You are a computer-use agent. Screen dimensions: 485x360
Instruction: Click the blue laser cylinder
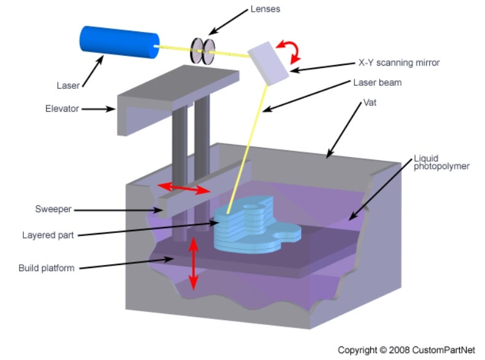[x=120, y=42]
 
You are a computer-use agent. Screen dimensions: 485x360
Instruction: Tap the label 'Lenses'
[x=265, y=9]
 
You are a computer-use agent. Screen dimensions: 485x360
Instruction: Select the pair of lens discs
[x=202, y=51]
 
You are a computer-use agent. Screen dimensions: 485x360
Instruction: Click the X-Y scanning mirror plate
[x=268, y=63]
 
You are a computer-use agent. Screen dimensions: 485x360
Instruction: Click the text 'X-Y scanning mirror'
[x=399, y=63]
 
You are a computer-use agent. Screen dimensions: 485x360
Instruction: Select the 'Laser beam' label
[x=377, y=83]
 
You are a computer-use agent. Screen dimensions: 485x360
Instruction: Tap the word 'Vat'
[x=370, y=102]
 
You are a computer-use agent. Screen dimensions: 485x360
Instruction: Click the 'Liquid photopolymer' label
[x=441, y=163]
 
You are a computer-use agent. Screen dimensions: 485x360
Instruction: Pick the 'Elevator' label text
[x=62, y=109]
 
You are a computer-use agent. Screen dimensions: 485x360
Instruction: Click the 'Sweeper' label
[x=53, y=209]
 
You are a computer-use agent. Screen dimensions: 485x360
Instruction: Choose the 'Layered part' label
[x=48, y=235]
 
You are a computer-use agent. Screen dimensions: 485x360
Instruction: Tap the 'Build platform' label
[x=47, y=268]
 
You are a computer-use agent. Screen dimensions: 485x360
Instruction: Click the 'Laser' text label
[x=68, y=85]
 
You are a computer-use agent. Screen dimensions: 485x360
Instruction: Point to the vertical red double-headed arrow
[x=193, y=264]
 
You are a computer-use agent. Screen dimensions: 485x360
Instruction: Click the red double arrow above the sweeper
[x=184, y=188]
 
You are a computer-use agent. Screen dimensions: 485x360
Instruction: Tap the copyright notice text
[x=406, y=350]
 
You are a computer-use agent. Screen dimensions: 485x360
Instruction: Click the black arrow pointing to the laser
[x=93, y=71]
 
